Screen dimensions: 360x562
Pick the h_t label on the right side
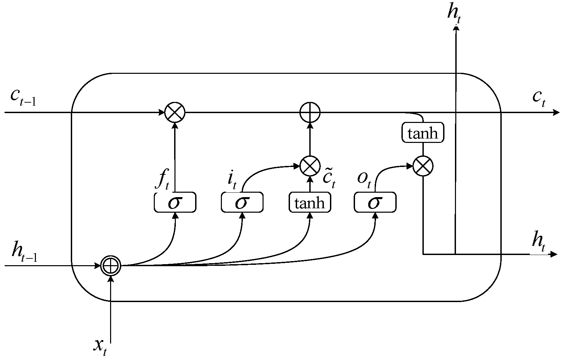click(539, 241)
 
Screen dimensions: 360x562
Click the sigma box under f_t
click(175, 203)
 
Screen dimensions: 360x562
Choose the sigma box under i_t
click(242, 203)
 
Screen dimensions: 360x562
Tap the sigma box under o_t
click(375, 203)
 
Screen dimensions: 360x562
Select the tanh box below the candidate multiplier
click(310, 203)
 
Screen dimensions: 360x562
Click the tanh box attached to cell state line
click(423, 133)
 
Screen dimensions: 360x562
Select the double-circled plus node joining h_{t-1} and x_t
click(111, 266)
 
